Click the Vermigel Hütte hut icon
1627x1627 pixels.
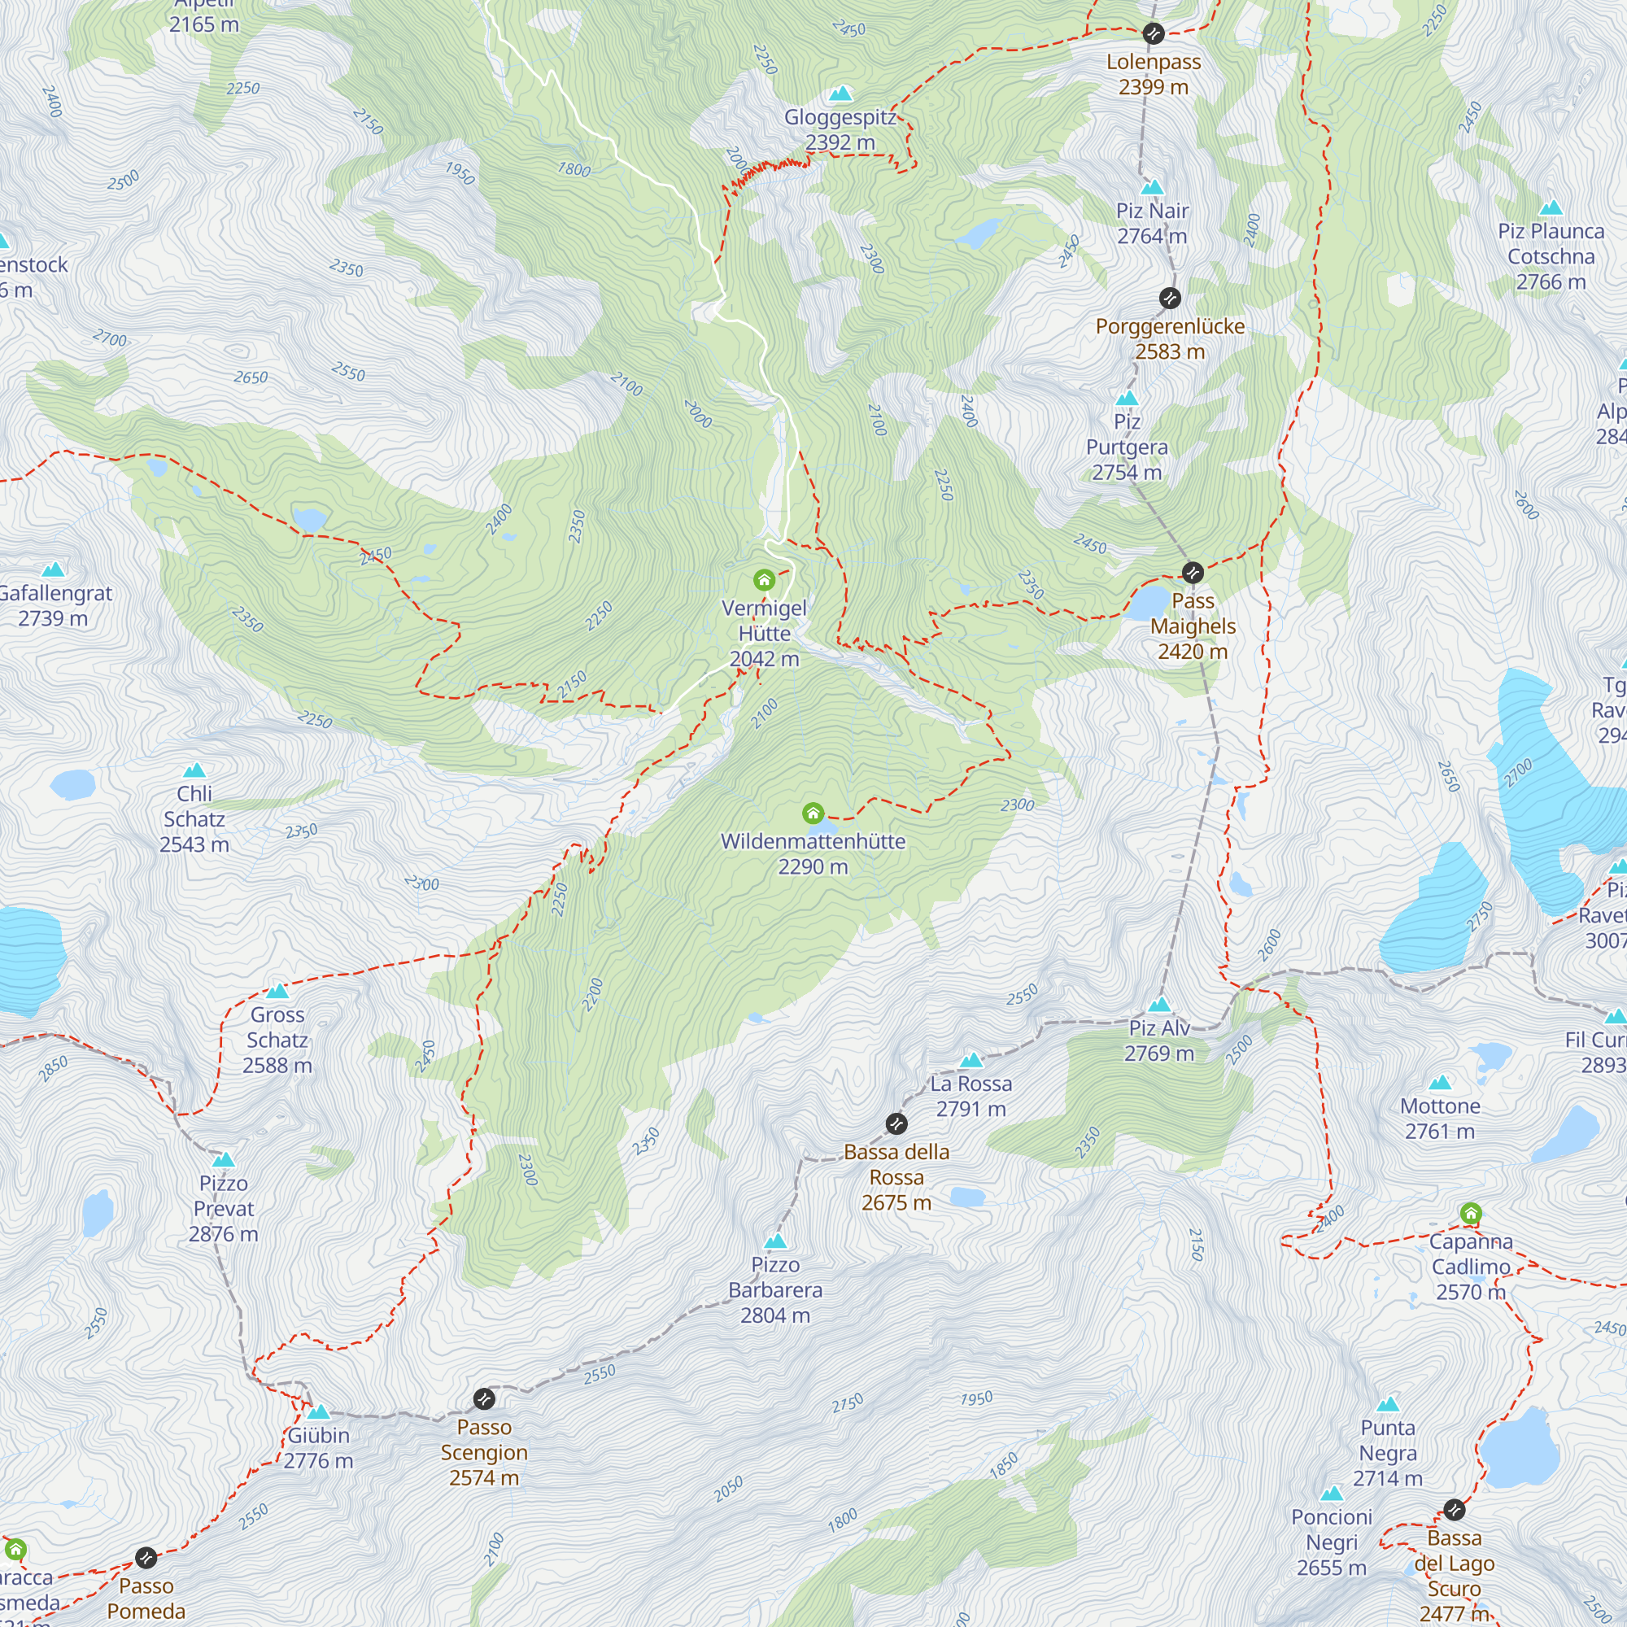tap(764, 579)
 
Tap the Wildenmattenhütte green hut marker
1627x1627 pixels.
tap(813, 813)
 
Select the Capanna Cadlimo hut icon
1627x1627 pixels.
tap(1470, 1214)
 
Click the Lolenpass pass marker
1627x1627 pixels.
tap(1153, 33)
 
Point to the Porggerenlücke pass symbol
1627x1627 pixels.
tap(1170, 298)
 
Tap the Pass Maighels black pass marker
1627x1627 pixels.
tap(1193, 573)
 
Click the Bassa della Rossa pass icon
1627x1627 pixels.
tap(896, 1123)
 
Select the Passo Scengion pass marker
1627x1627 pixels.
tap(484, 1398)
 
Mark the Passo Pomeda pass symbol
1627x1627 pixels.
tap(146, 1558)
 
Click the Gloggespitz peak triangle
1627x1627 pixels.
tap(840, 94)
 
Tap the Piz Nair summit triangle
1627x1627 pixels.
tap(1152, 187)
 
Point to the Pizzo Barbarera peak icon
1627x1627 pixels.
tap(775, 1241)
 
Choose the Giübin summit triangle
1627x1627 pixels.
tap(318, 1412)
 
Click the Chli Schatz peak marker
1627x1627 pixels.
tap(194, 770)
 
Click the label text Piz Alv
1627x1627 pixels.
tap(1158, 1028)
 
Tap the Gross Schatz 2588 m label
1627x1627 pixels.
tap(277, 1040)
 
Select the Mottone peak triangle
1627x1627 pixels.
tap(1440, 1083)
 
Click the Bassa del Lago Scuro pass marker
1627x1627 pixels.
tap(1455, 1510)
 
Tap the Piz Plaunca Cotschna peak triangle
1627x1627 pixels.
tap(1551, 208)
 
